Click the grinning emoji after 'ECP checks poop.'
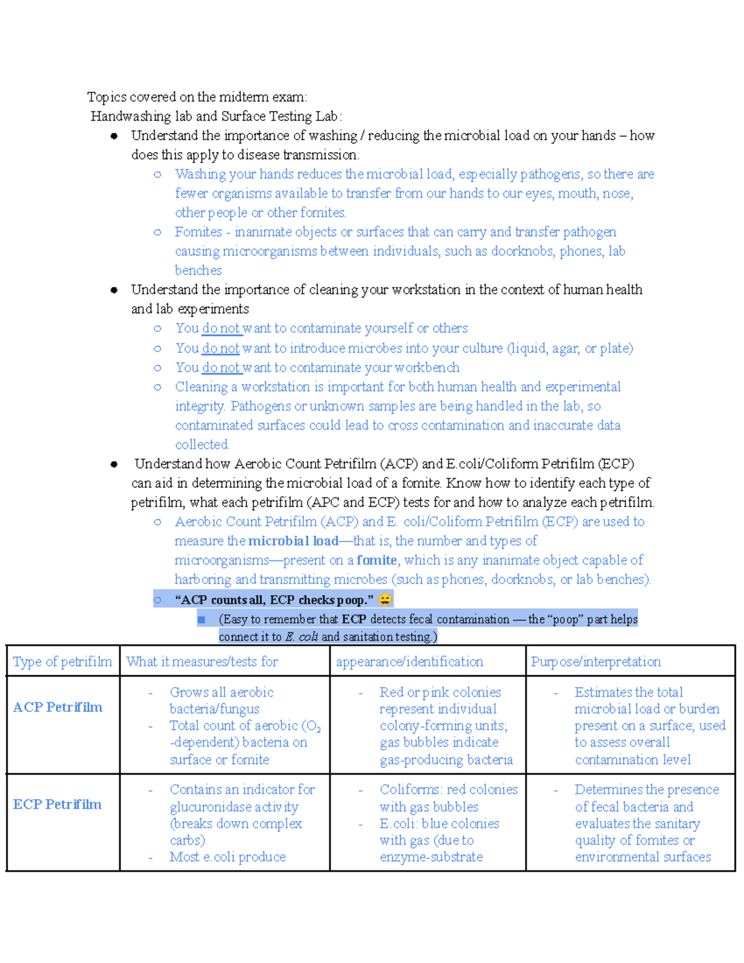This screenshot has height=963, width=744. tap(384, 600)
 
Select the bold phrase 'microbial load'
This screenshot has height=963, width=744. tap(293, 541)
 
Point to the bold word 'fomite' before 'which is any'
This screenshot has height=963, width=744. tap(376, 560)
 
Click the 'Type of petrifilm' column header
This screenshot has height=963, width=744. tap(63, 662)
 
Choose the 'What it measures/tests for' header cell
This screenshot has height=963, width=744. tap(202, 662)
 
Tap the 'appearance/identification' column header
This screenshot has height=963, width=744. tap(409, 662)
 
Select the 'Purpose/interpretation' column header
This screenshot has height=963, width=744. tap(595, 662)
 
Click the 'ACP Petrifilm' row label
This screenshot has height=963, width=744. tap(58, 707)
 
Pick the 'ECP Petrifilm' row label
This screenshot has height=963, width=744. tap(57, 804)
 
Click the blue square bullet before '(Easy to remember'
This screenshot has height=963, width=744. tap(201, 619)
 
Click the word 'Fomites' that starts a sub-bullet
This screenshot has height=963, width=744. tap(198, 232)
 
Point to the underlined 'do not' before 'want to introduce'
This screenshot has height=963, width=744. tap(221, 348)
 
